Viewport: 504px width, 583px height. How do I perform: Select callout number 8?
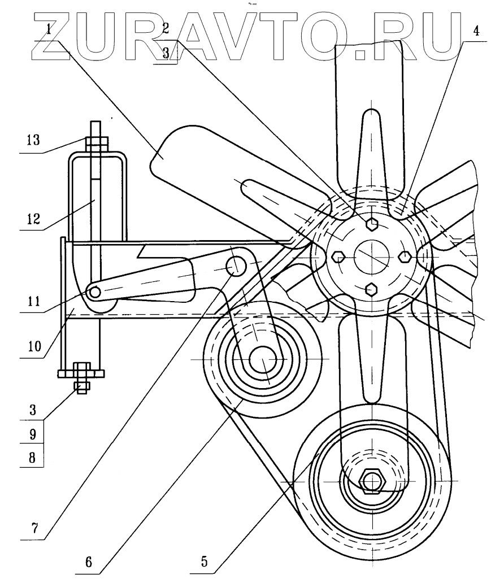33,458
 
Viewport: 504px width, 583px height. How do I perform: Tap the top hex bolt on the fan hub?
371,224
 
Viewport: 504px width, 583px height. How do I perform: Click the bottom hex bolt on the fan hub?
371,289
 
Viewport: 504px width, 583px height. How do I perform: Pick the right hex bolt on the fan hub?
405,257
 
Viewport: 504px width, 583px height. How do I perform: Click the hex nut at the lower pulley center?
372,481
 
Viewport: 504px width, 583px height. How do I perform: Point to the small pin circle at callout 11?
94,291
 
